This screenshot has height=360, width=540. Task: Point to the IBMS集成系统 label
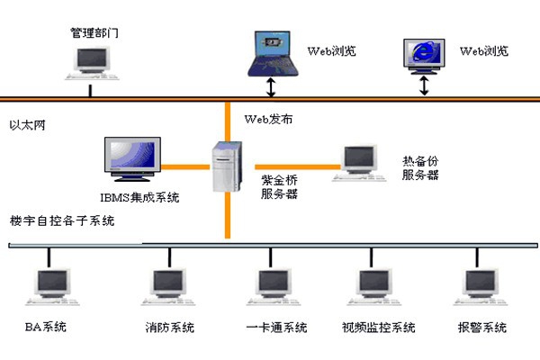pos(139,197)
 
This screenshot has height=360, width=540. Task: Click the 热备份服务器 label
pos(420,167)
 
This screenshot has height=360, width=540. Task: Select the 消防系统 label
pos(169,327)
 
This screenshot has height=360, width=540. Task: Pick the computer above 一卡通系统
pos(266,286)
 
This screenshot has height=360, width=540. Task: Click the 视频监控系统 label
pos(379,327)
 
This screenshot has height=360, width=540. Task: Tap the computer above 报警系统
pos(475,286)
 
